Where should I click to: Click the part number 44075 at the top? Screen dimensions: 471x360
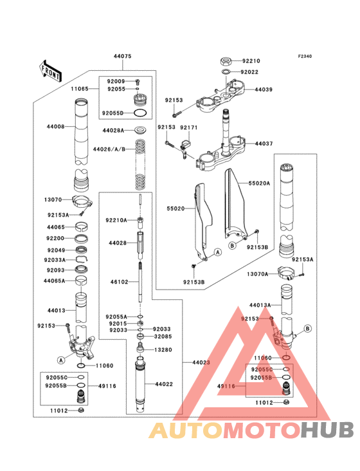pyautogui.click(x=123, y=57)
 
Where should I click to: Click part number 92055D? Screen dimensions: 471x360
pyautogui.click(x=113, y=113)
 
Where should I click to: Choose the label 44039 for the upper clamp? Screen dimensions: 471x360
pyautogui.click(x=264, y=89)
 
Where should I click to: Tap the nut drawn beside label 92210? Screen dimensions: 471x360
pyautogui.click(x=226, y=61)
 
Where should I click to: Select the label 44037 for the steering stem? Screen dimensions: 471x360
pyautogui.click(x=264, y=143)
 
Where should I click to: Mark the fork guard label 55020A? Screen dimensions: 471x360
pyautogui.click(x=260, y=183)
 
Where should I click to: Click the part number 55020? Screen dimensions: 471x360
pyautogui.click(x=175, y=209)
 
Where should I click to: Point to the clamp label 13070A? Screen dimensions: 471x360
pyautogui.click(x=258, y=273)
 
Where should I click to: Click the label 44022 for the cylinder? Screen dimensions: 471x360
pyautogui.click(x=163, y=384)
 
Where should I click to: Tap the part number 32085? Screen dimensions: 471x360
pyautogui.click(x=163, y=336)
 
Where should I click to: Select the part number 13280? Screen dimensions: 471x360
pyautogui.click(x=163, y=349)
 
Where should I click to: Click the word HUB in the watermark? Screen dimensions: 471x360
pyautogui.click(x=327, y=431)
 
